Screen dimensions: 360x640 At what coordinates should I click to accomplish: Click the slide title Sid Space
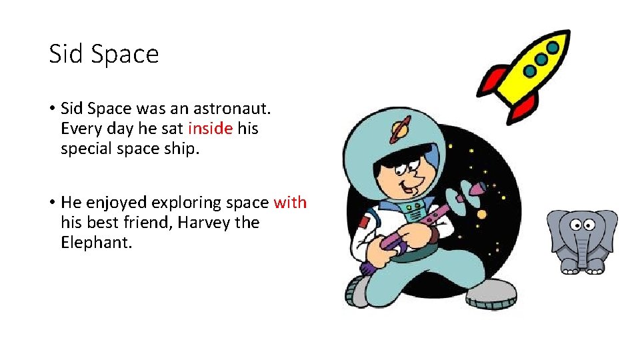click(x=104, y=54)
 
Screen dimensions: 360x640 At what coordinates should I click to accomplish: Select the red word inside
click(x=210, y=129)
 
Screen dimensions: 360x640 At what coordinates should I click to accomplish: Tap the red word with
click(x=290, y=203)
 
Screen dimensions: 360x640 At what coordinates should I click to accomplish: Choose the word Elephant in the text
click(x=97, y=243)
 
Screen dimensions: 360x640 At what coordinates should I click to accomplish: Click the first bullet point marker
click(x=51, y=109)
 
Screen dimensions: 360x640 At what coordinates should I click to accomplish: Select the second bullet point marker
click(x=51, y=203)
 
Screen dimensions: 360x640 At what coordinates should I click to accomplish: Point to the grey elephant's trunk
click(x=583, y=250)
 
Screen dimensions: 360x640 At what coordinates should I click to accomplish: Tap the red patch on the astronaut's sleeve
click(x=363, y=222)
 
